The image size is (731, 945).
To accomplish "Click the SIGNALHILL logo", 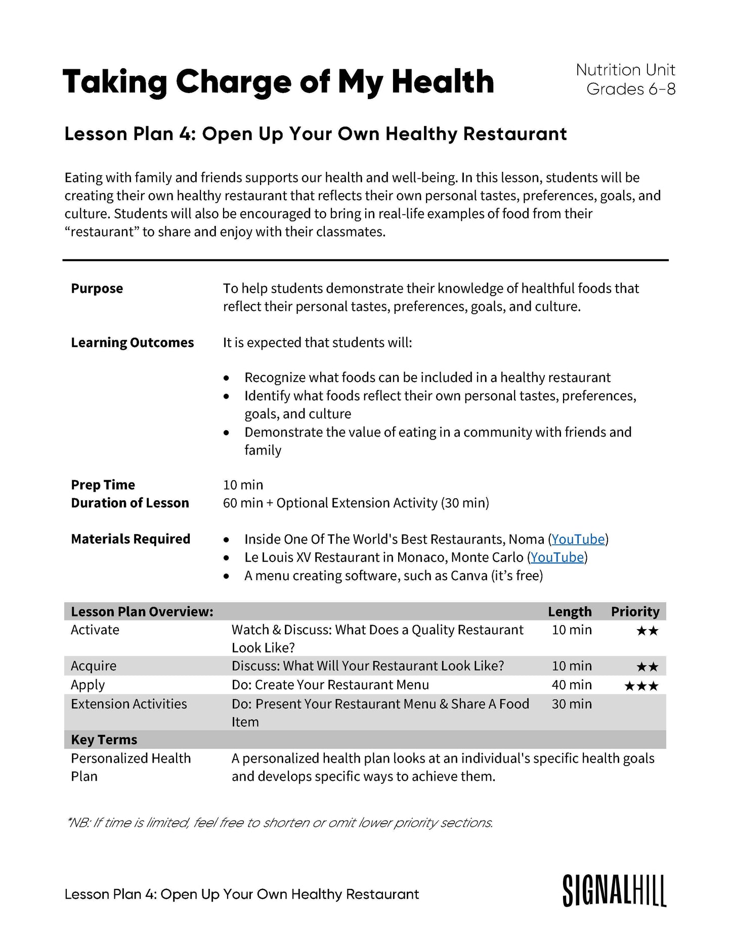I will coord(614,891).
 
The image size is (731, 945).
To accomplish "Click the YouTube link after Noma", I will coord(578,539).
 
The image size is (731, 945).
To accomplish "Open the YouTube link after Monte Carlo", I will coord(557,557).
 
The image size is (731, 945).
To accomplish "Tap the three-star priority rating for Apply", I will coord(641,686).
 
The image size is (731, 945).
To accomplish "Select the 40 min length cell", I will coord(572,685).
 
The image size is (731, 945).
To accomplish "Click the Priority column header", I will coord(635,611).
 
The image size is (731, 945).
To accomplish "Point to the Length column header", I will coord(570,611).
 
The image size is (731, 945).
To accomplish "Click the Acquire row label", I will coord(94,666).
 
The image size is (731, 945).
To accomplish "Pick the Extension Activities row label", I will coord(129,704).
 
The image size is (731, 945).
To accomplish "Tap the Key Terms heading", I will coord(104,739).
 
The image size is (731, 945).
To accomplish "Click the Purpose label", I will coord(97,289).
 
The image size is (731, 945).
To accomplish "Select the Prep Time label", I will coord(103,485).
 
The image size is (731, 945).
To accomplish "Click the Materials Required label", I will coord(131,539).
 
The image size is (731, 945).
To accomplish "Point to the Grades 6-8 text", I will coord(631,89).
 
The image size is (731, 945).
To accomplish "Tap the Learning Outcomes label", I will coord(133,343).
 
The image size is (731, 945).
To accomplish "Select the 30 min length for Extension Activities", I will coord(572,704).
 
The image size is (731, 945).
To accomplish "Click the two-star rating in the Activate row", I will coord(648,631).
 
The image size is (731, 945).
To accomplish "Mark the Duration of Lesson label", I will coord(130,503).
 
